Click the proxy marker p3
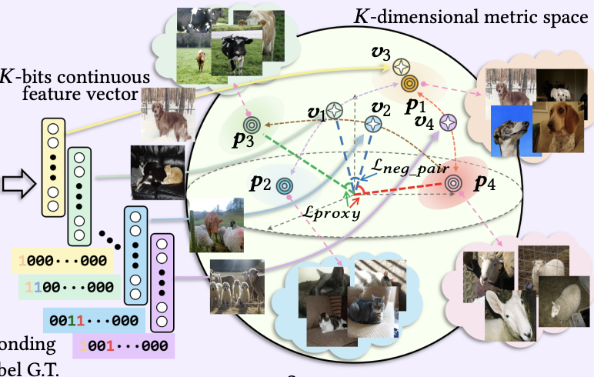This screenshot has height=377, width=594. click(x=251, y=123)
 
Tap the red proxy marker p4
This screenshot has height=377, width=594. click(x=452, y=182)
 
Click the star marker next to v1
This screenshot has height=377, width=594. click(x=334, y=110)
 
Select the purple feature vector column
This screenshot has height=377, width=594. click(x=162, y=279)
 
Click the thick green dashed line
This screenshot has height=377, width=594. click(x=308, y=158)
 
